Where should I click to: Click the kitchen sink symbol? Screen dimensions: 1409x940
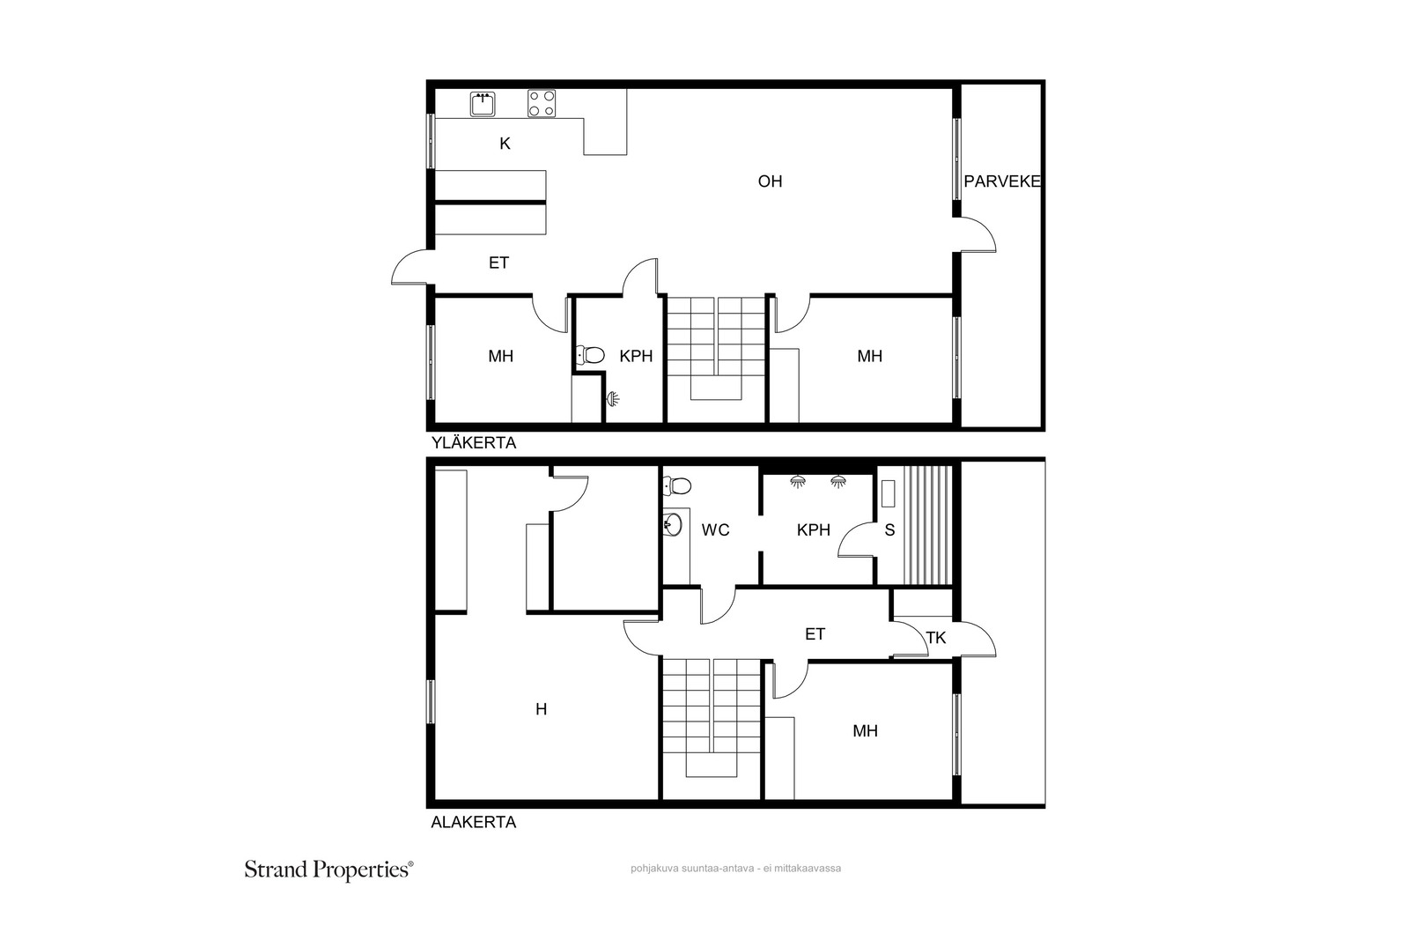483,104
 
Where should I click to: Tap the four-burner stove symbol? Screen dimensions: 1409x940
542,104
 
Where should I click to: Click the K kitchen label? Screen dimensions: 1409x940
505,144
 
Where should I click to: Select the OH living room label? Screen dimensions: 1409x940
770,181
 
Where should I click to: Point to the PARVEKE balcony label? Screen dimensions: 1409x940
1002,181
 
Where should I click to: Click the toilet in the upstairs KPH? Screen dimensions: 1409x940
591,356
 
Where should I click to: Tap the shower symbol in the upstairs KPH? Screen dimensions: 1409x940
613,398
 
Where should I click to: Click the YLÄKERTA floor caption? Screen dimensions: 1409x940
474,443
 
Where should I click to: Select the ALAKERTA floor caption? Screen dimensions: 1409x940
474,822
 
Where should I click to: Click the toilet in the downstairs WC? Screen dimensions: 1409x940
677,485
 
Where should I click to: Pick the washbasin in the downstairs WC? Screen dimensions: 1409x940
673,524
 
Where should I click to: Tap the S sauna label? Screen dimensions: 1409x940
889,530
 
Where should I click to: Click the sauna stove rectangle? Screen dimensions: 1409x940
889,494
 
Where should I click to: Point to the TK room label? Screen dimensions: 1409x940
936,638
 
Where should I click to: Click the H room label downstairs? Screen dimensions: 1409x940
541,710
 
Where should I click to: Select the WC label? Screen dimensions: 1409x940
715,530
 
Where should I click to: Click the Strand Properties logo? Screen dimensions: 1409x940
329,870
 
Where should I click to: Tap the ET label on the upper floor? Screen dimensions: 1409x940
498,263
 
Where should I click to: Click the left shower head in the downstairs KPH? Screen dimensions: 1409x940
798,482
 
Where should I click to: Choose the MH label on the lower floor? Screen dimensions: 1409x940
866,731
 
